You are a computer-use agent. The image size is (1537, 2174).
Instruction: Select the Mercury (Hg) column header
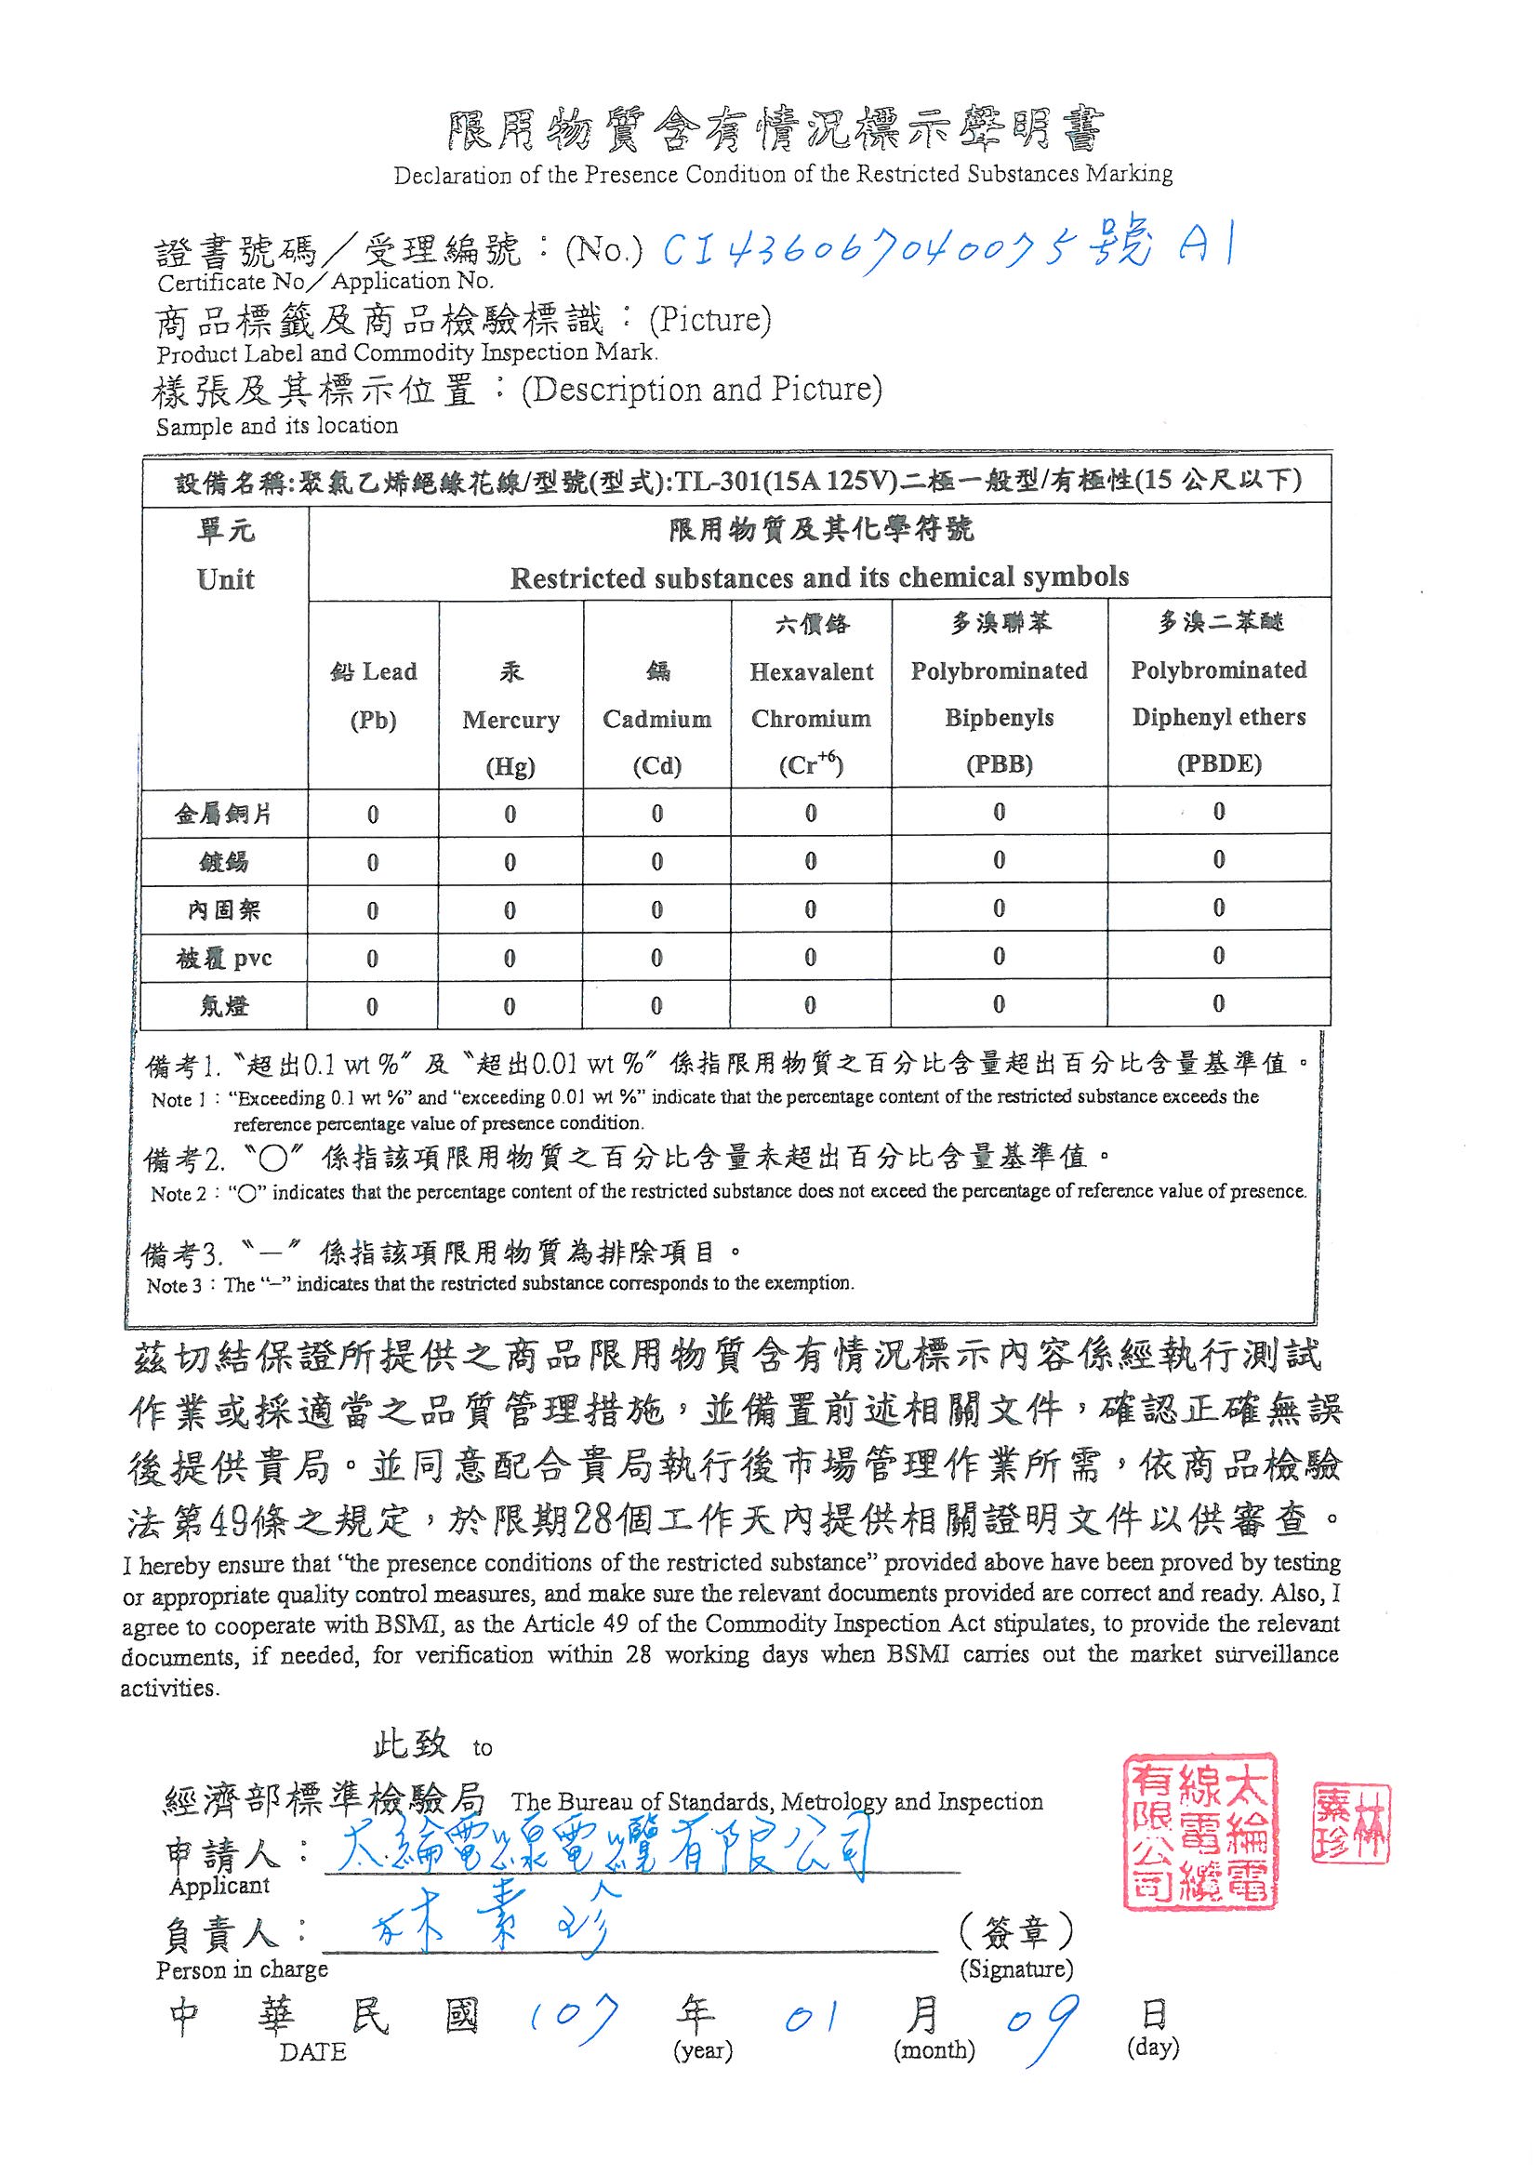[x=510, y=720]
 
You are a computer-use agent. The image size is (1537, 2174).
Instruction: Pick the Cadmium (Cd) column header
[x=657, y=719]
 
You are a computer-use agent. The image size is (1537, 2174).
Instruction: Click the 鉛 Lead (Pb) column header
[x=373, y=695]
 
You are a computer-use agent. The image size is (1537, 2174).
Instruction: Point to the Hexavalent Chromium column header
[x=811, y=695]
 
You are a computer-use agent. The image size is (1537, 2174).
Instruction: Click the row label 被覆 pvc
[x=223, y=959]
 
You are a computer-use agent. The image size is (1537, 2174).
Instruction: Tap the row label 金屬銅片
[x=223, y=815]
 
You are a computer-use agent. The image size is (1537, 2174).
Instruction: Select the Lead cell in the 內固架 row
[x=372, y=911]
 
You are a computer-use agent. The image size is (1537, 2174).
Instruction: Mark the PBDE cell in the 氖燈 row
[x=1219, y=1003]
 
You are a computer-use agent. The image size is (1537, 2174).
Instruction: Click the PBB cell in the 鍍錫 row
[x=1000, y=861]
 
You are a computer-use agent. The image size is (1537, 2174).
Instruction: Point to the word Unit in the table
[x=225, y=579]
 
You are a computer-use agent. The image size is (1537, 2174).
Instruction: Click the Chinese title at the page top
[x=775, y=132]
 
